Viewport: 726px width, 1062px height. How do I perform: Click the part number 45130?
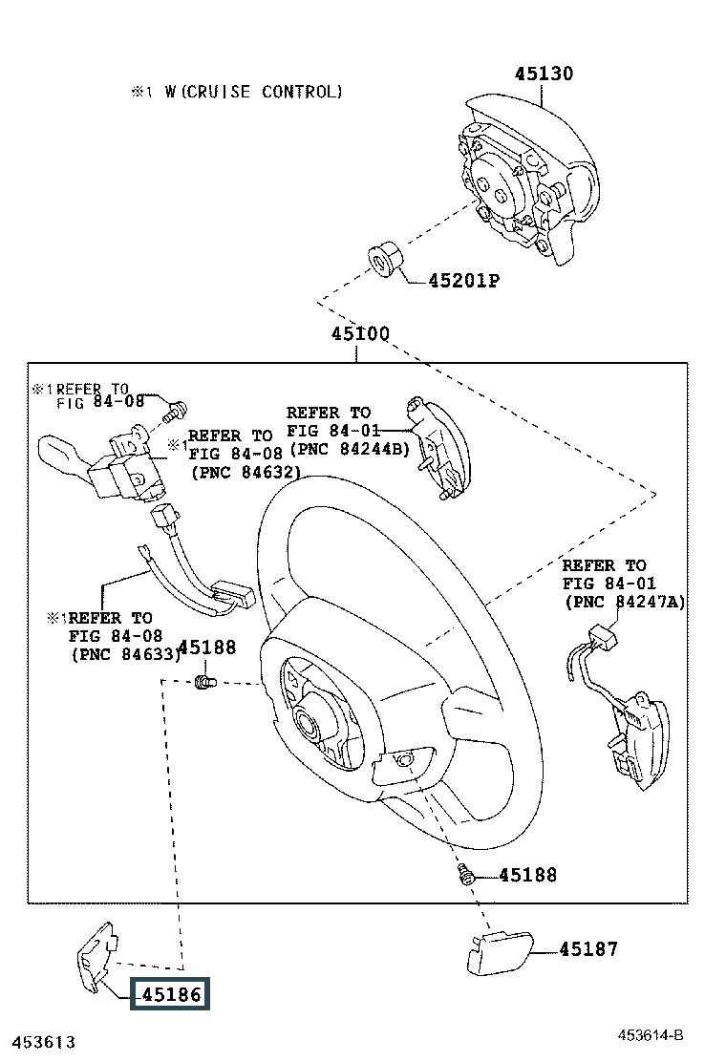click(544, 74)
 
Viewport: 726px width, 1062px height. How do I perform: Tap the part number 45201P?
click(464, 281)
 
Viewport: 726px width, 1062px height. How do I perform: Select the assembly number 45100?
click(360, 334)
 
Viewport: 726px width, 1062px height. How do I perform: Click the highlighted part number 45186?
click(171, 994)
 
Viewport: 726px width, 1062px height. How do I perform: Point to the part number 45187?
click(588, 949)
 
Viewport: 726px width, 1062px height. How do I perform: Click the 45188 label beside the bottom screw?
click(527, 875)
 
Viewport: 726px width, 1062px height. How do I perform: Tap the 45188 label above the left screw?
click(207, 648)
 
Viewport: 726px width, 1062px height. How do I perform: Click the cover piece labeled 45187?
click(500, 954)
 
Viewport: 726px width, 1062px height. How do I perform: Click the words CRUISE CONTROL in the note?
click(264, 92)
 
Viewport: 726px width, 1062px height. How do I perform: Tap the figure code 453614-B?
click(651, 1035)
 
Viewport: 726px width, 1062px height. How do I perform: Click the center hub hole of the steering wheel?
click(311, 722)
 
